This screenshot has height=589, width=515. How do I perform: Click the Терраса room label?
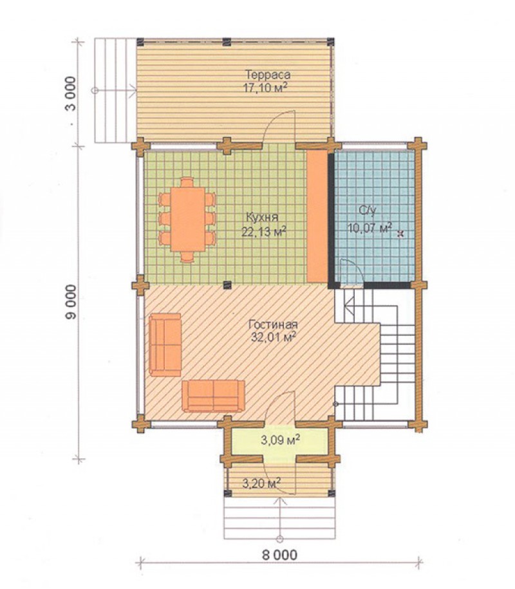267,75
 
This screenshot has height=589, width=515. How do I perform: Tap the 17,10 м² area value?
265,88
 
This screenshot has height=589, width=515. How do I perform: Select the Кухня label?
262,218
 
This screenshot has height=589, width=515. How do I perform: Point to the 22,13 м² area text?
264,231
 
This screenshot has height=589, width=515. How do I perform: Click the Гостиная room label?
273,324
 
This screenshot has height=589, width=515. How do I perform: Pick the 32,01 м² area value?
273,337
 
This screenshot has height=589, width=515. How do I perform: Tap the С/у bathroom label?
368,211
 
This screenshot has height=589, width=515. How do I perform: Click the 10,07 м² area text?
370,227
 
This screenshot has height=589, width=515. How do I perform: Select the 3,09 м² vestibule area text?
280,439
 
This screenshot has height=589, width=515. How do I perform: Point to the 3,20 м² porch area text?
262,483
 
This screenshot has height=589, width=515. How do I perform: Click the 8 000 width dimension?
279,555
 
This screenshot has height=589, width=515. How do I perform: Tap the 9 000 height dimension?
71,302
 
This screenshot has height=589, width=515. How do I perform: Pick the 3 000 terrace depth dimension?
71,94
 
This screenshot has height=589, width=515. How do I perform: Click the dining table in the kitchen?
188,220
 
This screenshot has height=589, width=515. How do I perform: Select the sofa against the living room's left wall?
165,344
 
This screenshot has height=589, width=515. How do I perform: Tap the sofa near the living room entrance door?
213,396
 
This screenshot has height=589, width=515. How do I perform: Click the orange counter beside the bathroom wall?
317,216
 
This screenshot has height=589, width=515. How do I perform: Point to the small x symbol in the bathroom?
400,234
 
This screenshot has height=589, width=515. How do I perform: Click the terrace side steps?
115,90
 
